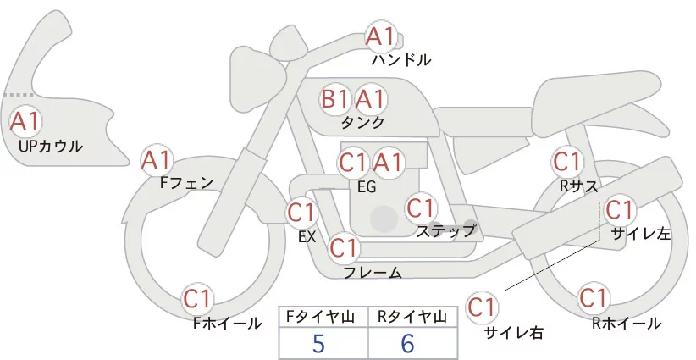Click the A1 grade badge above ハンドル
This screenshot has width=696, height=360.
tap(380, 36)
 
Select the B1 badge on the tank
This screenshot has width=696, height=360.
tap(334, 99)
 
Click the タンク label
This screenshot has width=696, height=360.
tap(362, 123)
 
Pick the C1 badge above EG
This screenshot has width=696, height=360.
tap(353, 162)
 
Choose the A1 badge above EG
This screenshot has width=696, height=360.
tap(389, 162)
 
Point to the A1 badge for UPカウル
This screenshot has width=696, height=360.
tap(25, 121)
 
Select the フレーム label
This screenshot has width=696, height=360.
tap(373, 273)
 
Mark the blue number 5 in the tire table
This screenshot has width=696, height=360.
tap(318, 344)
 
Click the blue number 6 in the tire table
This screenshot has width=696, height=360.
tap(409, 344)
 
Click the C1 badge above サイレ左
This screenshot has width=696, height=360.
tap(619, 209)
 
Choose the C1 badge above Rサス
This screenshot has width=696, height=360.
tap(566, 161)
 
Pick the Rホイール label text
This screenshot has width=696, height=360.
tap(627, 323)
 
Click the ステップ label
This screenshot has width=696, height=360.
tap(445, 230)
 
